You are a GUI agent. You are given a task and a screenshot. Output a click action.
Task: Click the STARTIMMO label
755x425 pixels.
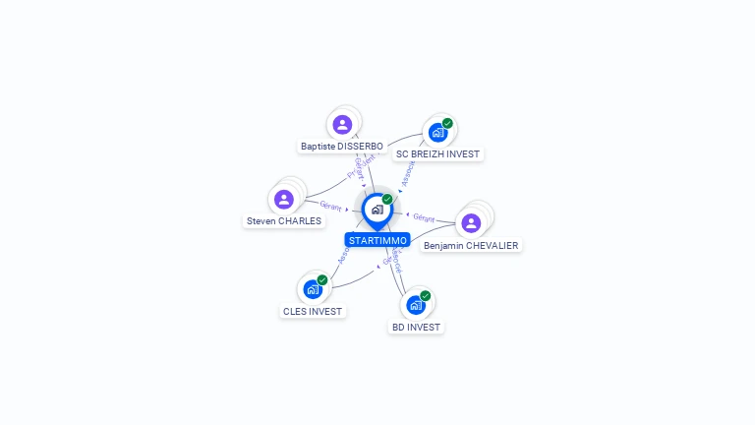(x=377, y=240)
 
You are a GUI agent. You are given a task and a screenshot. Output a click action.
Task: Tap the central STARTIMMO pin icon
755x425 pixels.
(x=377, y=210)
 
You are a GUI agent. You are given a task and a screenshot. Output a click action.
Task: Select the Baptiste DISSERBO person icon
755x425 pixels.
(x=342, y=124)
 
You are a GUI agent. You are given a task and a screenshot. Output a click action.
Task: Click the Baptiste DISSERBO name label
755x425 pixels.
(x=342, y=147)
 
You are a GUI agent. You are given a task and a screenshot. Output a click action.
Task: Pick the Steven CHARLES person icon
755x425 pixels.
(x=284, y=200)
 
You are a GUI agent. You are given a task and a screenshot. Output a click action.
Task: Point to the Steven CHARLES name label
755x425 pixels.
(x=284, y=221)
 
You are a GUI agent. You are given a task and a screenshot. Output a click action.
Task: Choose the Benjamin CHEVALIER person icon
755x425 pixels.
(x=471, y=222)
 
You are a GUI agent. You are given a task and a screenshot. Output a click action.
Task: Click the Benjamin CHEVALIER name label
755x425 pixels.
(x=471, y=245)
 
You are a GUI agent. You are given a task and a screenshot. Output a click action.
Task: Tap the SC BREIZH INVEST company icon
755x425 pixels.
(x=437, y=133)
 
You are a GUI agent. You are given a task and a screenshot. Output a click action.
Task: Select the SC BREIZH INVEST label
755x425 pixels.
(x=437, y=154)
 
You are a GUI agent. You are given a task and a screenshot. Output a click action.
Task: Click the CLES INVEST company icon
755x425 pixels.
(x=313, y=289)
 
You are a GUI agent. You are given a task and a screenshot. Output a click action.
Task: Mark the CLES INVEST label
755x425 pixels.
(x=313, y=312)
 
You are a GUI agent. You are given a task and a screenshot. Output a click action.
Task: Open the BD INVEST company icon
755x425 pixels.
(x=416, y=305)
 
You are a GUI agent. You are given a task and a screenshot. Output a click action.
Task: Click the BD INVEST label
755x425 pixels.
(x=416, y=327)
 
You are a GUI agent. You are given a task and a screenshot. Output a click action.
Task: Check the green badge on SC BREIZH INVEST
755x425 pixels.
(x=447, y=124)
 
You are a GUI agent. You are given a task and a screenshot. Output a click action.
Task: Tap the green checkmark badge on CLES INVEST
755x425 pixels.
(x=322, y=280)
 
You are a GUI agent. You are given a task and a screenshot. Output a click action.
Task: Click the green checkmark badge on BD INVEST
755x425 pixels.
(x=426, y=295)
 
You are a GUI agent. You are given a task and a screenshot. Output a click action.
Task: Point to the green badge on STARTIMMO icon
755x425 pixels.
(x=387, y=200)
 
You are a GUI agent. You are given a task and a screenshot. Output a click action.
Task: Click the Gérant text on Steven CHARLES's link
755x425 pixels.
(x=330, y=206)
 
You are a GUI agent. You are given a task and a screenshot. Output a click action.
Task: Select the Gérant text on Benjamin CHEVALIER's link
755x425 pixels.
(x=424, y=217)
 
